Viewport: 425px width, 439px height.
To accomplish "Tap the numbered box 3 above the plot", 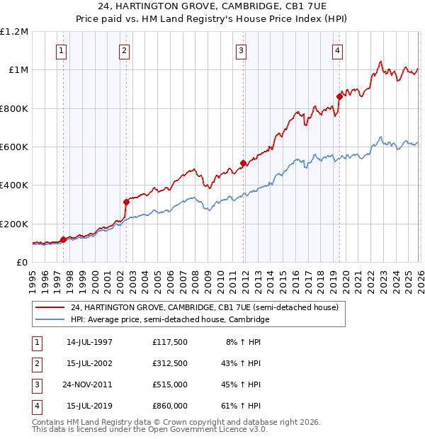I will click(x=241, y=50).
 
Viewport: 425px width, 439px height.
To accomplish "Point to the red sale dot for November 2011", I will click(x=243, y=163).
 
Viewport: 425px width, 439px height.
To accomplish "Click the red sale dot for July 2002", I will click(x=126, y=202).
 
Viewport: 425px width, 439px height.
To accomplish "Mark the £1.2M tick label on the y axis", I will click(x=14, y=32).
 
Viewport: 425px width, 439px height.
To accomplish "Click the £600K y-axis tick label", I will click(x=14, y=147).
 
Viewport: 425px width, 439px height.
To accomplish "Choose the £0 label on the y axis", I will click(x=21, y=263).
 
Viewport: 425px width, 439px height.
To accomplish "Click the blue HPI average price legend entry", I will click(x=170, y=320).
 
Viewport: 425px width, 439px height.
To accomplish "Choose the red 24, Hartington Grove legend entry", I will click(x=205, y=308).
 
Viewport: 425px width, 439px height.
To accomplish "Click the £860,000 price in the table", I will click(x=169, y=406).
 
